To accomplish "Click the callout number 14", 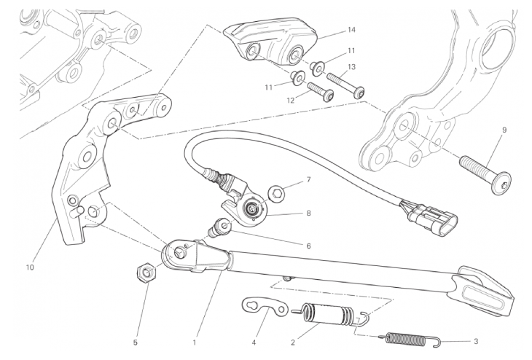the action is tap(351, 30).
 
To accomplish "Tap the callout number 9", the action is tap(504, 130).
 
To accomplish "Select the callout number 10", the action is tap(30, 267).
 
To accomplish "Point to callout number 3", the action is tap(475, 341).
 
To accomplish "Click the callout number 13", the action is tap(351, 67).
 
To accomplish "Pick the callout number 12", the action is tap(291, 101).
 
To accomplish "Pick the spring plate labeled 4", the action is tap(265, 306).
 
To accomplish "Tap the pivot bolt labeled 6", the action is tap(221, 227).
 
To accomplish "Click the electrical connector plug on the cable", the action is tap(430, 219).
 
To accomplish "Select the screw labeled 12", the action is tap(321, 91).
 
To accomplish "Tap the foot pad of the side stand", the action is tap(485, 291).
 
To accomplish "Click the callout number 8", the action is tap(308, 213).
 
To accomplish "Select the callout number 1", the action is tap(195, 343).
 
